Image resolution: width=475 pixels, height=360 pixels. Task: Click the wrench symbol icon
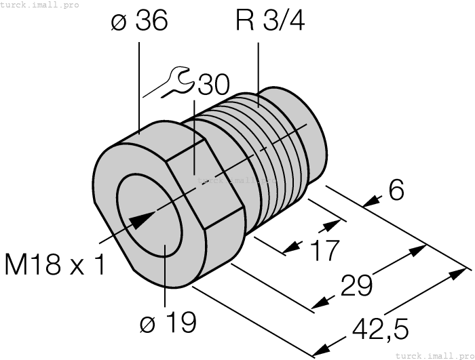click(x=178, y=81)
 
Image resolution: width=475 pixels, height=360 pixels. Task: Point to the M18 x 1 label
click(x=55, y=264)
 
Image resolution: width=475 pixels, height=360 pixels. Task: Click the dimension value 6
click(x=397, y=191)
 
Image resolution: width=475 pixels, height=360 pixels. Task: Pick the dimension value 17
click(x=323, y=250)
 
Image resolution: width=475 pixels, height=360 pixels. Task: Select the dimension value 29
click(x=356, y=285)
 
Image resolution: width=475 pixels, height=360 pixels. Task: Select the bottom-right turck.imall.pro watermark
click(x=434, y=355)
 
